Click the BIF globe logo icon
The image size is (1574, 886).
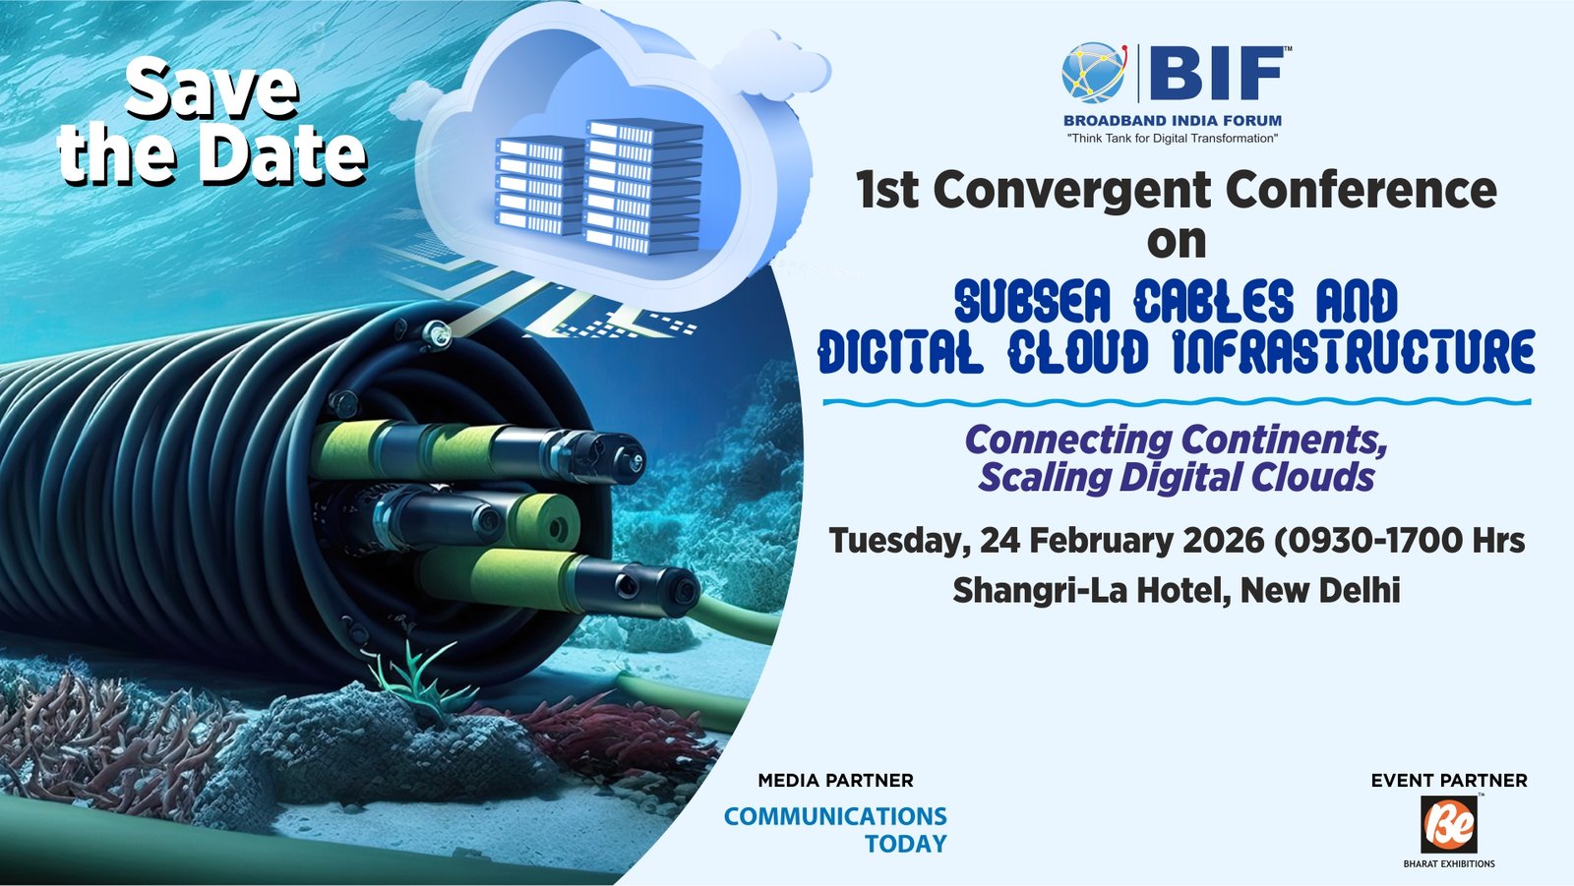coord(1093,73)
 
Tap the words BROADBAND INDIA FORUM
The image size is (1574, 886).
coord(1173,121)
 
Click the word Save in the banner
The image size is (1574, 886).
coord(212,89)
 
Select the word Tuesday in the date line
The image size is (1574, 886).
coord(893,541)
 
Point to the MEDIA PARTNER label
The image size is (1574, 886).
coord(835,781)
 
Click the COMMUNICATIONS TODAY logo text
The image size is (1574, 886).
coord(835,829)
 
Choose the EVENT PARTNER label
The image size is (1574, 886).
coord(1449,781)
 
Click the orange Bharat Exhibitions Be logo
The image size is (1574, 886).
coord(1449,824)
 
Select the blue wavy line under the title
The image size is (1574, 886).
coord(1177,401)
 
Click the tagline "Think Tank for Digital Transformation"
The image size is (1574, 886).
coord(1173,139)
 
